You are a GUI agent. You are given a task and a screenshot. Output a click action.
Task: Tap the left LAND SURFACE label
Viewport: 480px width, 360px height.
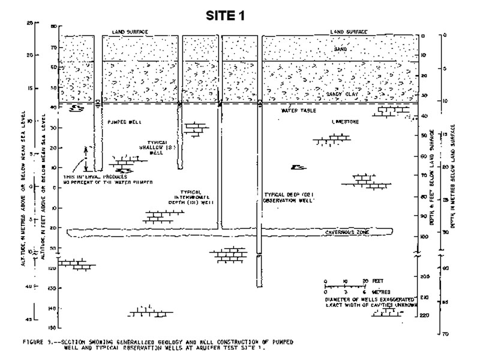(130, 32)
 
